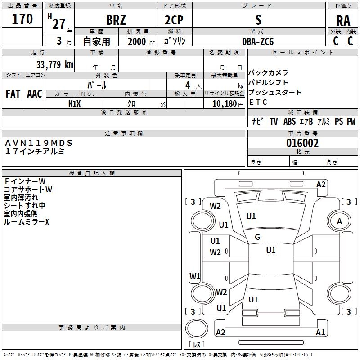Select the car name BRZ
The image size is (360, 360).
pyautogui.click(x=116, y=20)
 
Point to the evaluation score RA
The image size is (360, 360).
pyautogui.click(x=343, y=21)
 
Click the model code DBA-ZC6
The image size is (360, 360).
pyautogui.click(x=257, y=41)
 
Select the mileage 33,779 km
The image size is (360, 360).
pyautogui.click(x=54, y=65)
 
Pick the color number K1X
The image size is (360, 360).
pyautogui.click(x=75, y=103)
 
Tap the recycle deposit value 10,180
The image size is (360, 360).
pyautogui.click(x=223, y=103)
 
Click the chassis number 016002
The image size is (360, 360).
pyautogui.click(x=302, y=143)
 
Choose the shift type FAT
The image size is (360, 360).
pyautogui.click(x=13, y=94)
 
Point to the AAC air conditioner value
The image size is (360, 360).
pyautogui.click(x=35, y=94)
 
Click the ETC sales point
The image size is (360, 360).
pyautogui.click(x=258, y=102)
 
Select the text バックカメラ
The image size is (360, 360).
pyautogui.click(x=268, y=73)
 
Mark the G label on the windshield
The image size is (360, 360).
pyautogui.click(x=257, y=237)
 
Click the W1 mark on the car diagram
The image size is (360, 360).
pyautogui.click(x=195, y=276)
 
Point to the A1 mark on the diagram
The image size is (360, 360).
pyautogui.click(x=320, y=333)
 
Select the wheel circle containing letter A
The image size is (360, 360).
pyautogui.click(x=339, y=221)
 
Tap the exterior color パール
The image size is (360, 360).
pyautogui.click(x=97, y=85)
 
